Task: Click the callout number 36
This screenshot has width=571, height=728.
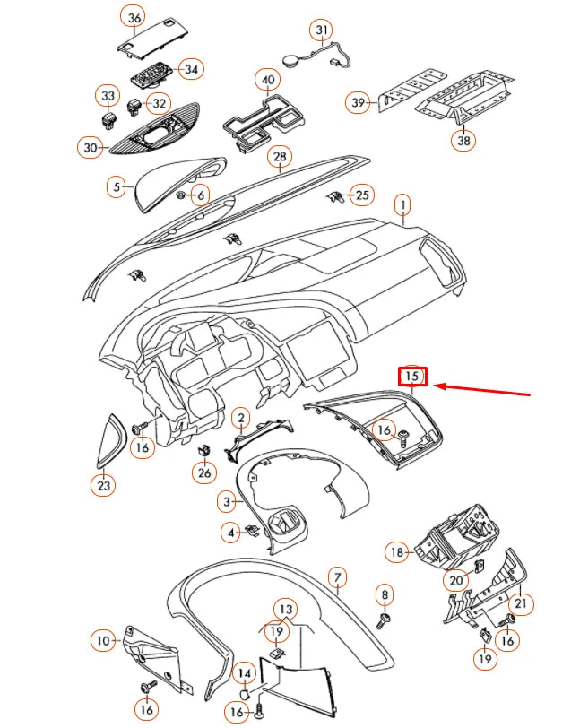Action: click(134, 18)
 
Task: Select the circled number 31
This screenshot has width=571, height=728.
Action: click(322, 30)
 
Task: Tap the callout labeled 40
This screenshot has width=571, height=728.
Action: click(267, 80)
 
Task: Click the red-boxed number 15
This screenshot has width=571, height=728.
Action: click(411, 377)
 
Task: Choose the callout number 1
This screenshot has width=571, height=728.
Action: click(403, 206)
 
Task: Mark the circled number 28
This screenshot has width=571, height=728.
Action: click(280, 158)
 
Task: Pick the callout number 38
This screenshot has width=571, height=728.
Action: click(463, 140)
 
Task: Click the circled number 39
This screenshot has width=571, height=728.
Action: click(359, 103)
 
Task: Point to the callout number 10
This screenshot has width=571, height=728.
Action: click(104, 640)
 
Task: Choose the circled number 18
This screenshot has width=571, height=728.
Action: click(398, 552)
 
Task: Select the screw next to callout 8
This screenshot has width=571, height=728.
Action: click(385, 618)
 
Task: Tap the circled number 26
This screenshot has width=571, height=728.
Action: click(205, 472)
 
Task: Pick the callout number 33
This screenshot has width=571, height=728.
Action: click(107, 95)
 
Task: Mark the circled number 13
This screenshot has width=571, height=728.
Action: click(283, 610)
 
